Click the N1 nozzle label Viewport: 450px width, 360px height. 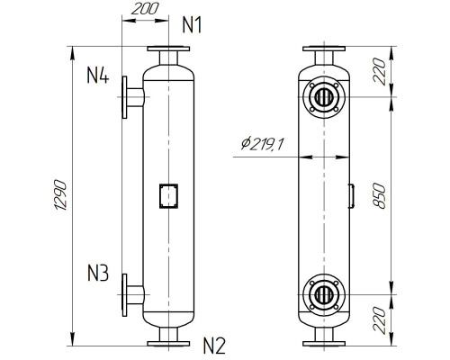coord(192,24)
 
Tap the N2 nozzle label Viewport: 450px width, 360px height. coord(213,343)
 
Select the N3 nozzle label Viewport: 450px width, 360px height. coord(98,272)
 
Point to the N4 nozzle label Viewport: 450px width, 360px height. coord(98,76)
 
